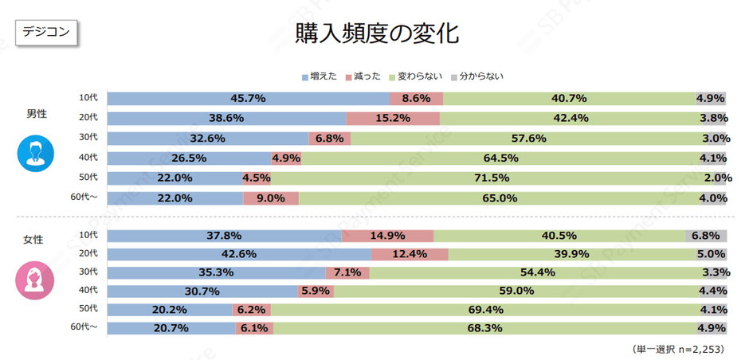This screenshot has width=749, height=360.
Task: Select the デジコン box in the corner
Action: point(46,32)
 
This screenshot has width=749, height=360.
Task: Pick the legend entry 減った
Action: point(363,76)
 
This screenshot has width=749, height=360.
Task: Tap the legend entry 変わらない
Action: point(415,76)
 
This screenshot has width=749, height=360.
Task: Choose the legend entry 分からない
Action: point(477,76)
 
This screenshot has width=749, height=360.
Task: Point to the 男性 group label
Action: point(37,114)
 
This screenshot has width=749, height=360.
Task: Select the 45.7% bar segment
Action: point(248,99)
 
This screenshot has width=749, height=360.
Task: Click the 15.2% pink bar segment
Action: point(393,119)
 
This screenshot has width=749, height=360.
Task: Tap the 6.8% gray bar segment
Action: point(706,236)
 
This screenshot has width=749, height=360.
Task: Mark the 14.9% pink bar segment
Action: point(387,236)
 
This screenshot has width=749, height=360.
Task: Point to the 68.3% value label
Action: point(500,327)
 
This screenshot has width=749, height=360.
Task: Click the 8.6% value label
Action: point(416,99)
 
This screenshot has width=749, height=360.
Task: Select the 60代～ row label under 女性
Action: point(84,327)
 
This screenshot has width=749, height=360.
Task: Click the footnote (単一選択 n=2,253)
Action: point(678,349)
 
